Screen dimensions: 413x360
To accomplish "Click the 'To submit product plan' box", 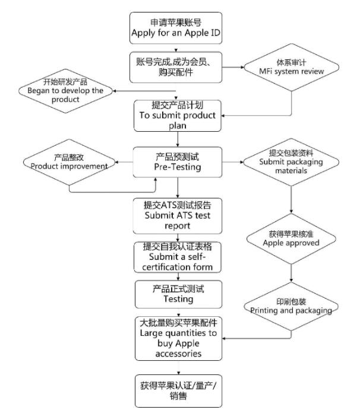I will point(178,115).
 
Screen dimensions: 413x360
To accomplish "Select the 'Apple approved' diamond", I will point(292,239).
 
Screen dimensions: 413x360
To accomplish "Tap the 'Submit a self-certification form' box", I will point(178,257).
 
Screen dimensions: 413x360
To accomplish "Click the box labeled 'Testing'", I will point(178,294).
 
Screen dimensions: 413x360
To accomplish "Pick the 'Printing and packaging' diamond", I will point(290,306).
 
